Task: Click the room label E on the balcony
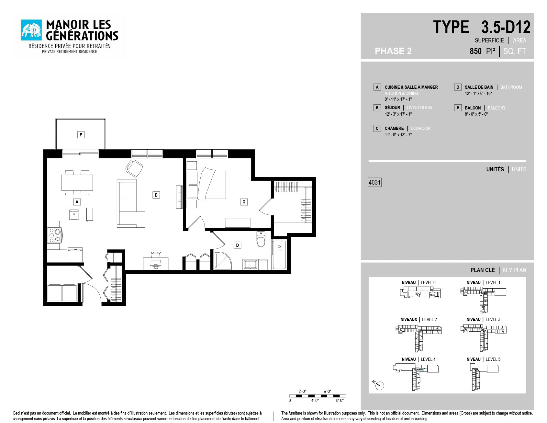pyautogui.click(x=81, y=135)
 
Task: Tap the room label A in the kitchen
pyautogui.click(x=77, y=202)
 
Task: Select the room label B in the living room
pyautogui.click(x=156, y=195)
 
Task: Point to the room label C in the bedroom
pyautogui.click(x=244, y=202)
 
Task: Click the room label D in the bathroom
pyautogui.click(x=238, y=245)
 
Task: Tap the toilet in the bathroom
pyautogui.click(x=261, y=239)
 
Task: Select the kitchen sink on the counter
pyautogui.click(x=74, y=215)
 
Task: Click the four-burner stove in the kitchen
pyautogui.click(x=54, y=235)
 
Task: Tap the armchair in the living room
pyautogui.click(x=134, y=168)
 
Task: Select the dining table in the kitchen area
pyautogui.click(x=77, y=183)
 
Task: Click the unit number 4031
pyautogui.click(x=375, y=182)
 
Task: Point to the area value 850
pyautogui.click(x=475, y=51)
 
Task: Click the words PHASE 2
pyautogui.click(x=393, y=51)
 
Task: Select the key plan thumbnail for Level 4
pyautogui.click(x=416, y=377)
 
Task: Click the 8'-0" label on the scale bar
pyautogui.click(x=340, y=400)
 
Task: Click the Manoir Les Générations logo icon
pyautogui.click(x=31, y=30)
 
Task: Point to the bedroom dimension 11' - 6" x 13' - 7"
pyautogui.click(x=398, y=135)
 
